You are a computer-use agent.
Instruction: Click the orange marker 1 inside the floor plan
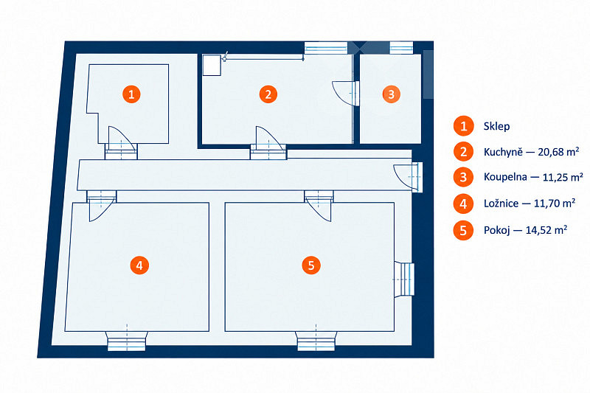131,94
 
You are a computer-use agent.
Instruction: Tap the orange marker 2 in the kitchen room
268,94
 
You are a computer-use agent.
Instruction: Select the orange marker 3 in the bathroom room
392,94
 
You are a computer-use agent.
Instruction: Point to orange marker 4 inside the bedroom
139,265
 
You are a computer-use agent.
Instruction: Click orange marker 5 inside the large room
311,265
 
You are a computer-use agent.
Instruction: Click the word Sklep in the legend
496,126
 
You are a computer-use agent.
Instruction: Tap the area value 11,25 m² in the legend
563,177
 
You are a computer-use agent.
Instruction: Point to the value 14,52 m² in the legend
546,230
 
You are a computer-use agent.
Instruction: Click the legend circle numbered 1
464,126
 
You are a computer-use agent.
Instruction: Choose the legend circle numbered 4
464,204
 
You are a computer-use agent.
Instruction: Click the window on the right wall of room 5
404,279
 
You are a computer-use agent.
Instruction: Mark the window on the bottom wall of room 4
127,341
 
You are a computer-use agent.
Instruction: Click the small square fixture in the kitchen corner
212,65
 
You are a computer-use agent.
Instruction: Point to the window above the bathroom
401,48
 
